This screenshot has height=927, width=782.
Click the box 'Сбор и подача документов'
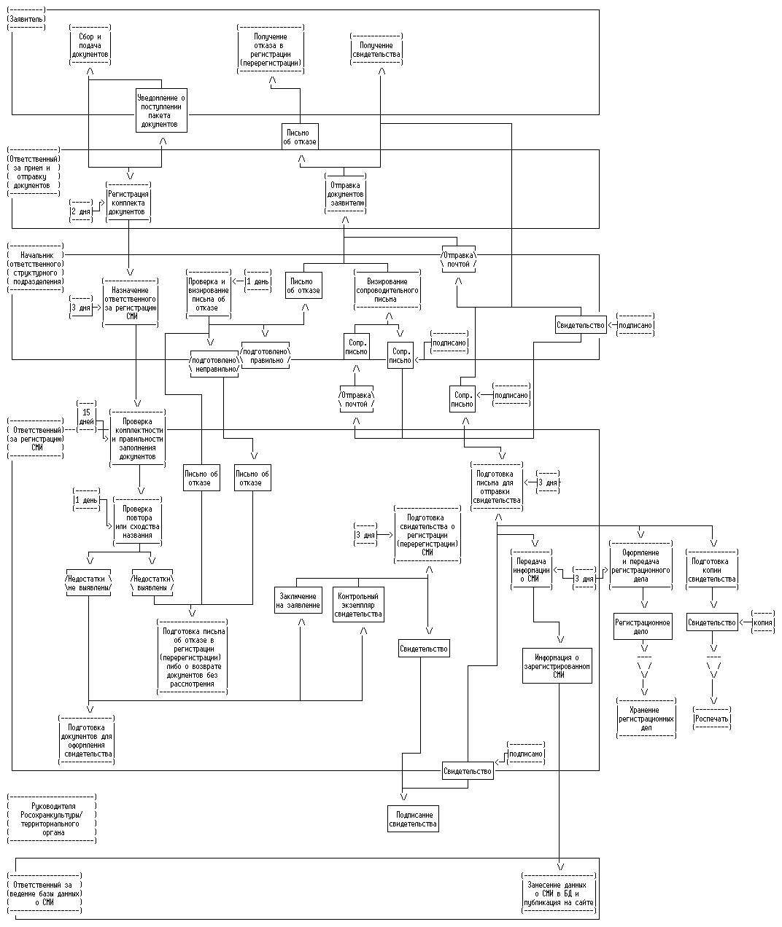pos(90,45)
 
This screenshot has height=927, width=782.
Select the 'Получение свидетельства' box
pos(376,50)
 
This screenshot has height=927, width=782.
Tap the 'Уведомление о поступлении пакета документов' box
pos(161,110)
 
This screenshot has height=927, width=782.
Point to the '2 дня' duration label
pos(81,211)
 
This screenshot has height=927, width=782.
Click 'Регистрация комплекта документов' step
pos(128,203)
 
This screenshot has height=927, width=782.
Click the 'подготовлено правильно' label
pos(266,355)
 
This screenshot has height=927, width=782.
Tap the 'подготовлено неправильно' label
pos(213,364)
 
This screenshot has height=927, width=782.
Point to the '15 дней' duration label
pos(87,417)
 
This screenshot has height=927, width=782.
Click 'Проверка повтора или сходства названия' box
pos(138,522)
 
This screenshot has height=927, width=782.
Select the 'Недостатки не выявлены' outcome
pos(89,582)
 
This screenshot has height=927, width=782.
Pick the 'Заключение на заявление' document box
pos(298,601)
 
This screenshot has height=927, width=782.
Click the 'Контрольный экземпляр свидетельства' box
pos(358,605)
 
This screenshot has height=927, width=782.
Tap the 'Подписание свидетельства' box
pos(413,819)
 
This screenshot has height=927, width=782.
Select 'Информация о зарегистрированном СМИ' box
pos(557,666)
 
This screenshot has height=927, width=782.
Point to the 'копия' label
pos(763,622)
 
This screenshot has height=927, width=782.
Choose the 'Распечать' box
pos(712,719)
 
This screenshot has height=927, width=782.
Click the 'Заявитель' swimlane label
pos(26,17)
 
